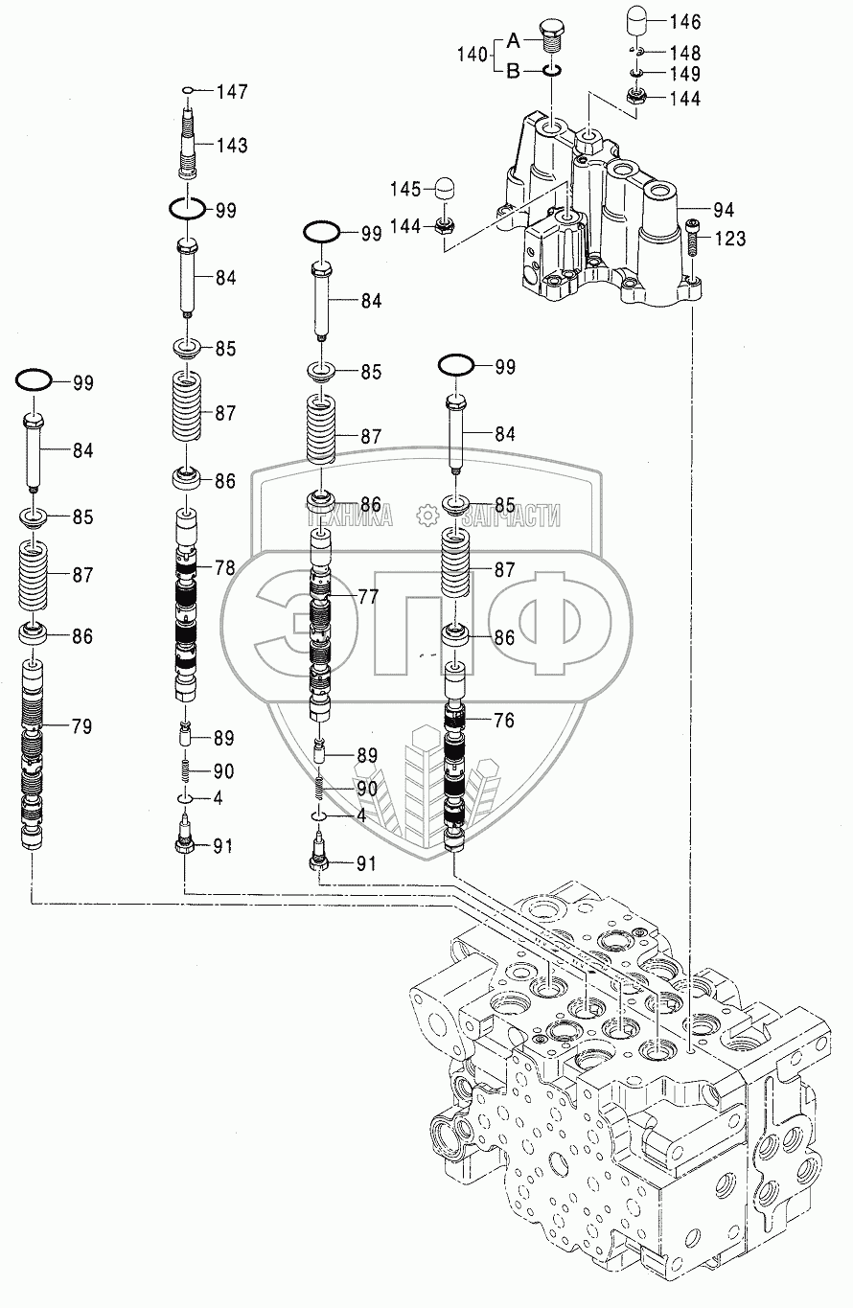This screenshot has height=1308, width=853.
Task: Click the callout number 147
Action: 232,92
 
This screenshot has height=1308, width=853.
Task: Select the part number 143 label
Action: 232,146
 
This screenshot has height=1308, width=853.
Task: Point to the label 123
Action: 729,239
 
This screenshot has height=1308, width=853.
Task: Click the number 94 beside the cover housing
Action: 724,208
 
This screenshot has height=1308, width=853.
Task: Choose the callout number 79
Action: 81,726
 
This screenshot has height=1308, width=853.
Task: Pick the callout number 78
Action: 224,567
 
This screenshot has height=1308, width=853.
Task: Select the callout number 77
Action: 369,596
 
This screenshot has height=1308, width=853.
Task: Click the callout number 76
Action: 504,721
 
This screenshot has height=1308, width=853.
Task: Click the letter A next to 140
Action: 513,40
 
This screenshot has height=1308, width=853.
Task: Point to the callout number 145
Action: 404,189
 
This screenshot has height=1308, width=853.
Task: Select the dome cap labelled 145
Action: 444,188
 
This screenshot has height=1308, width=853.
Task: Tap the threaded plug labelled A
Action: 555,35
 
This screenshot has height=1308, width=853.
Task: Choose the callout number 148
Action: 684,53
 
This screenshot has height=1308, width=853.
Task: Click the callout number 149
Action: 684,74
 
